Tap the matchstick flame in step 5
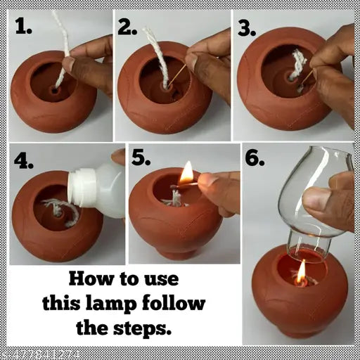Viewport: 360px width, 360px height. [186, 172]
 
